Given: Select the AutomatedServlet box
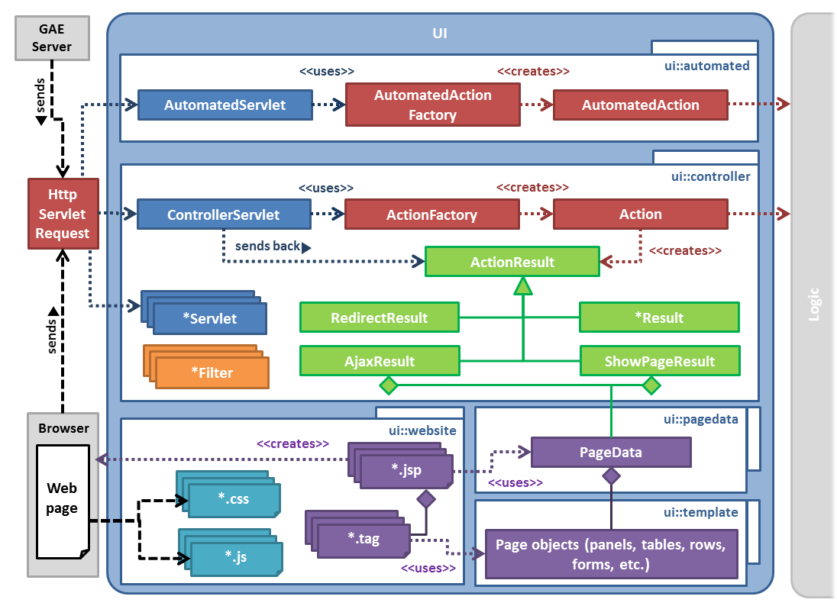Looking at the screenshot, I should point(225,105).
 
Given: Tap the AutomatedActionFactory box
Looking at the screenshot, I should point(432,105).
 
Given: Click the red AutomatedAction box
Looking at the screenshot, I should point(640,105).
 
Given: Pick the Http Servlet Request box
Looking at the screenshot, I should point(63,214).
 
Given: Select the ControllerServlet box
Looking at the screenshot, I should point(223,214).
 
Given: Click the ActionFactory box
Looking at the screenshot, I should point(431,214).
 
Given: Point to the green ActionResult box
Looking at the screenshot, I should point(512,262).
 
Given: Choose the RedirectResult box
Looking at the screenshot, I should point(379,318).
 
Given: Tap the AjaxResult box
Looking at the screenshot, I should point(379,361).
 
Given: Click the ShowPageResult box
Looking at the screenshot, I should point(659,361).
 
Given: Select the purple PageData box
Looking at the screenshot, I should point(610,452).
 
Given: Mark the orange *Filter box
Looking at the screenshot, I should point(212,372).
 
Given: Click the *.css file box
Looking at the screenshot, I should point(234,499).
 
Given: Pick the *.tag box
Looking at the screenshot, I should point(364,539).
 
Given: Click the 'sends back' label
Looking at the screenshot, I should point(267,247).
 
